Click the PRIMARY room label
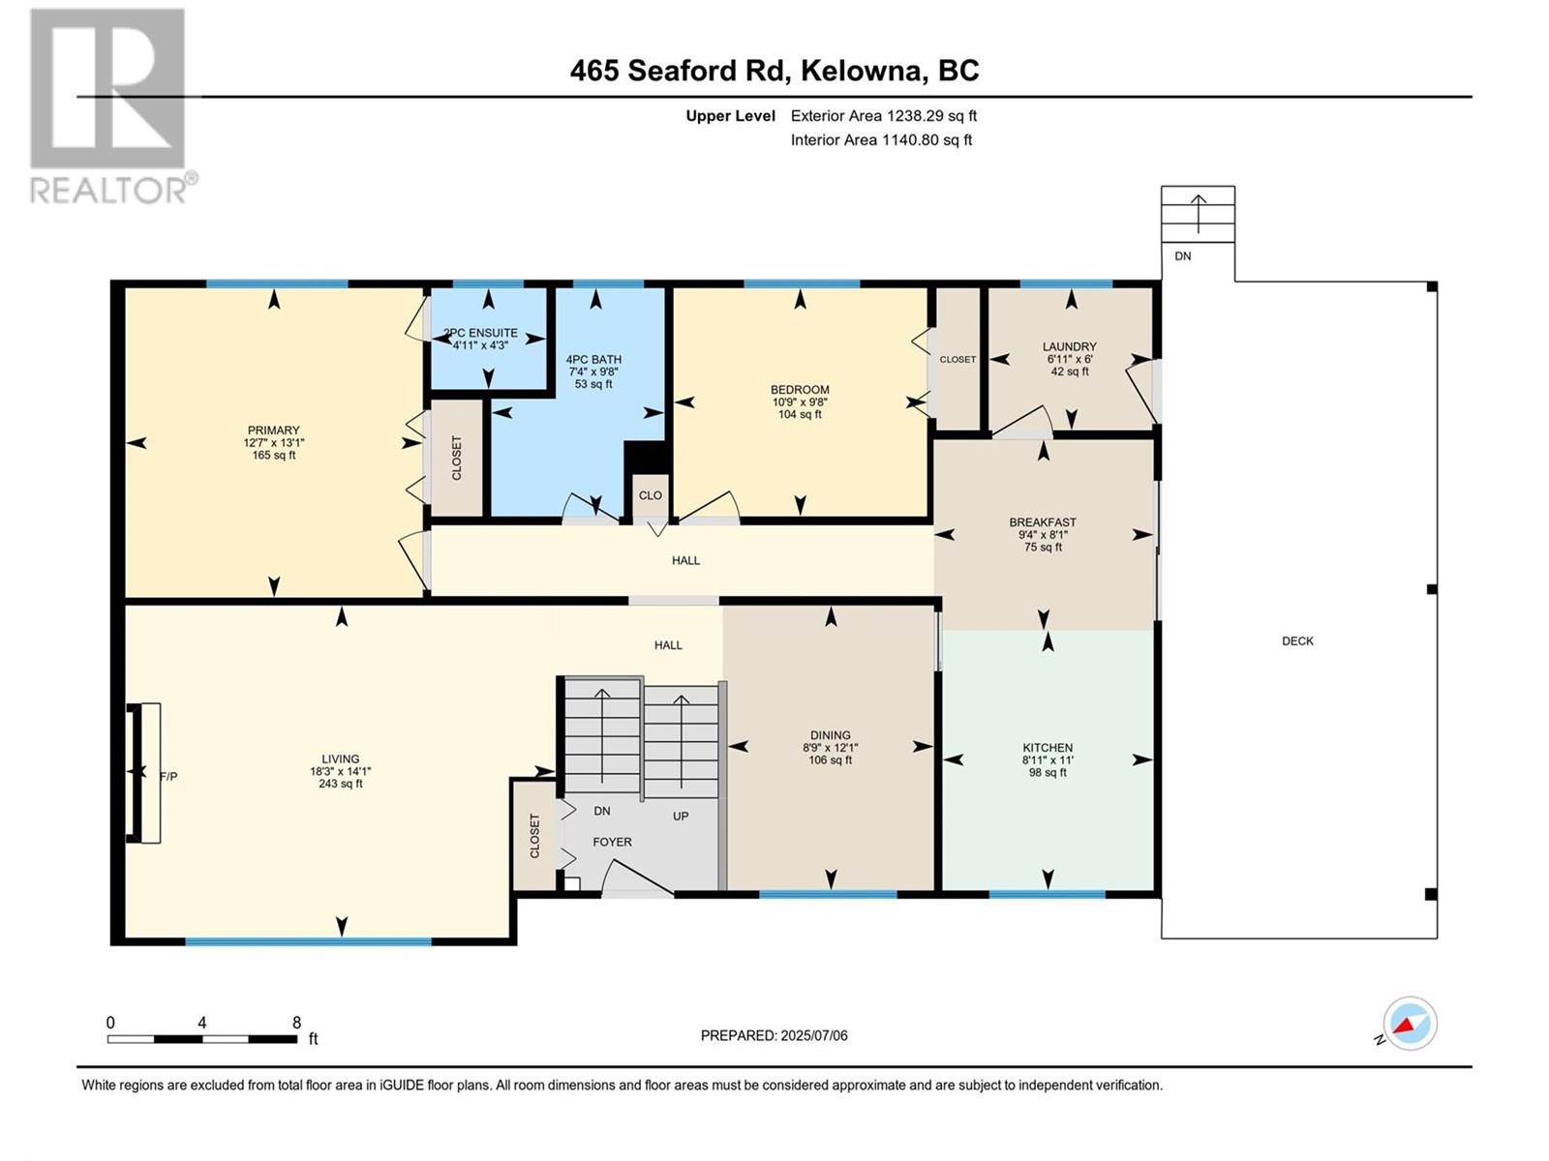tap(273, 431)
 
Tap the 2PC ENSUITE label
tap(480, 333)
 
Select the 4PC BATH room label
tap(593, 360)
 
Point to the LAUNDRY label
tap(1069, 346)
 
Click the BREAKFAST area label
tap(1042, 522)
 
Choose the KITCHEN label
tap(1048, 748)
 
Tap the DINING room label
tap(830, 735)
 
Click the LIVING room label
tap(340, 759)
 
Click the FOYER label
tap(612, 842)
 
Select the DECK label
tap(1297, 640)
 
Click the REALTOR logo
tap(108, 106)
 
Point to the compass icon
tap(1410, 1023)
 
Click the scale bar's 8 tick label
tap(296, 1023)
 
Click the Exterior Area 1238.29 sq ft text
tap(883, 115)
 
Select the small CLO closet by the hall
tap(650, 495)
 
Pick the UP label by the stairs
tap(681, 816)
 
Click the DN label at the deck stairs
tap(1182, 256)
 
